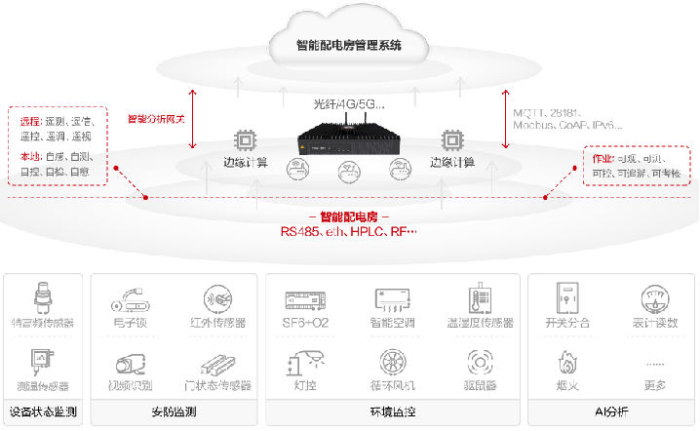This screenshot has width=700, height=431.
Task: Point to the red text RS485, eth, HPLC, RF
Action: pos(348,232)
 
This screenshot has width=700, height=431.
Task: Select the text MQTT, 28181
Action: pos(548,113)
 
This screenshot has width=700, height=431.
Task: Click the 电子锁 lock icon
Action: pos(130,298)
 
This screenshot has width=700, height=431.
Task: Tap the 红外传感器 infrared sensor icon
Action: pos(216,298)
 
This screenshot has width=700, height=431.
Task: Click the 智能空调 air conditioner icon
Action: pos(393,298)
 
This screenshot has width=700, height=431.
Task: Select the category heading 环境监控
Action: pos(392,411)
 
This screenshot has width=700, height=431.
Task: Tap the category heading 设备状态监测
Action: pos(42,411)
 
